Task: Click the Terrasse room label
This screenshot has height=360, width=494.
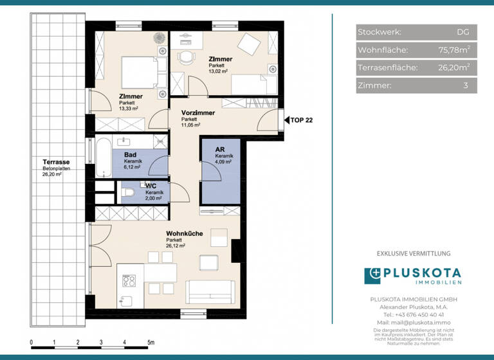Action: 56,162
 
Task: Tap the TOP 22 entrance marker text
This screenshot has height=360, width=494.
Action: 302,120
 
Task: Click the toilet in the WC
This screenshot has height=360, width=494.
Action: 129,192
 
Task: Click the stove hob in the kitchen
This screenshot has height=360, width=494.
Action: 129,280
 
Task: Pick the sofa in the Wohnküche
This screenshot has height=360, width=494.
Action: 210,292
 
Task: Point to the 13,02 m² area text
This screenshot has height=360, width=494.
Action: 219,71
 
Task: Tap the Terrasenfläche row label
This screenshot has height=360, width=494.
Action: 387,67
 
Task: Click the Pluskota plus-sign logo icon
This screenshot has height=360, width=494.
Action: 373,276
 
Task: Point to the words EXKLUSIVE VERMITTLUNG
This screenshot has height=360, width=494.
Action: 414,254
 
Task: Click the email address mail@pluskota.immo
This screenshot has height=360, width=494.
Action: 414,322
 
